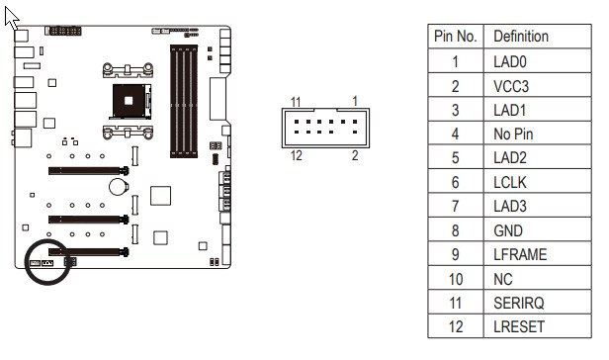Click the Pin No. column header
point(455,37)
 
